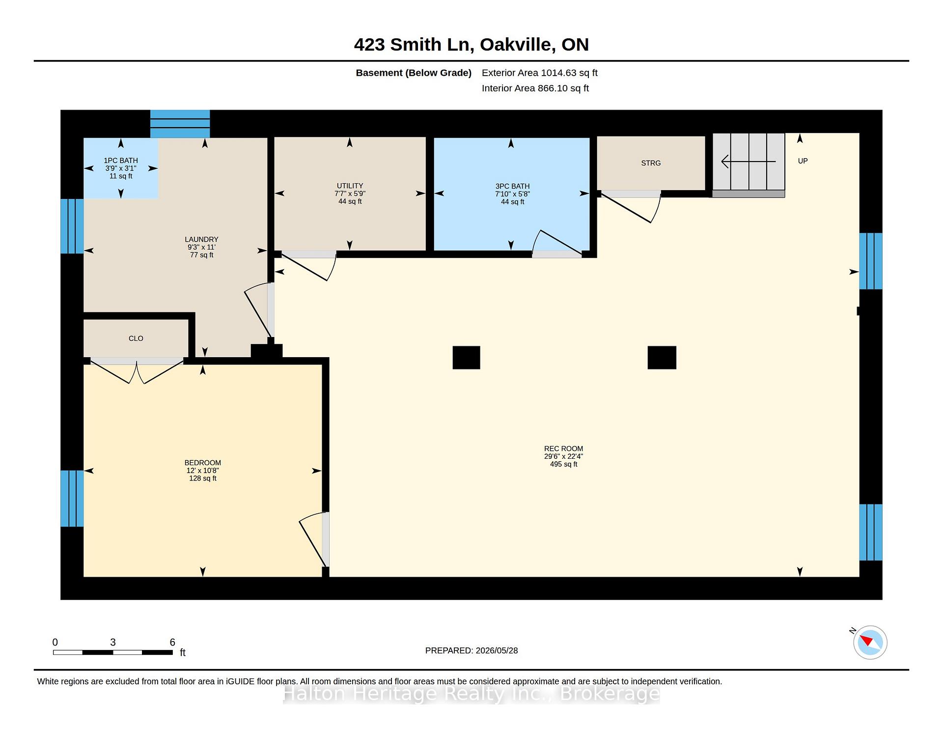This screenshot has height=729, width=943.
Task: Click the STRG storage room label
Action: pos(651,163)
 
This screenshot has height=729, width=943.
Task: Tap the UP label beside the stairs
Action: pos(803,161)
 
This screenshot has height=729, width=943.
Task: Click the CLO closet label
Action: pos(136,338)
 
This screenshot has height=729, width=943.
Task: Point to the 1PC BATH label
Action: pos(121,161)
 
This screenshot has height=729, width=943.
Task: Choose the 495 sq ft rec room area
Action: pos(564,464)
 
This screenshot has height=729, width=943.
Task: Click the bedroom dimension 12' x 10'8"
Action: pos(203,471)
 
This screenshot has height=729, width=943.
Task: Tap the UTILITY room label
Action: pos(350,186)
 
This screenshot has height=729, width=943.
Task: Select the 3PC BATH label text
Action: pos(513,186)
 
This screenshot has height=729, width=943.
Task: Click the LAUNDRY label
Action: pos(202,239)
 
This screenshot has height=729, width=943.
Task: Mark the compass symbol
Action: pos(870,642)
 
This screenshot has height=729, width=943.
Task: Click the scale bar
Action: pos(113,652)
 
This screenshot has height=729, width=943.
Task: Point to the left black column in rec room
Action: pos(467,358)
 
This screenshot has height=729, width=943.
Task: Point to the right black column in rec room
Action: pos(662,358)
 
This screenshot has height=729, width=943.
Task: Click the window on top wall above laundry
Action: pos(180,124)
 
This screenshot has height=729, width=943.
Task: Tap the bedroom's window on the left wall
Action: pos(72,499)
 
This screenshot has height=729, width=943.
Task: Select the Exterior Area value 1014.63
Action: pos(558,73)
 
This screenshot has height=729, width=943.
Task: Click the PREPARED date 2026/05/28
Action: pos(497,650)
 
